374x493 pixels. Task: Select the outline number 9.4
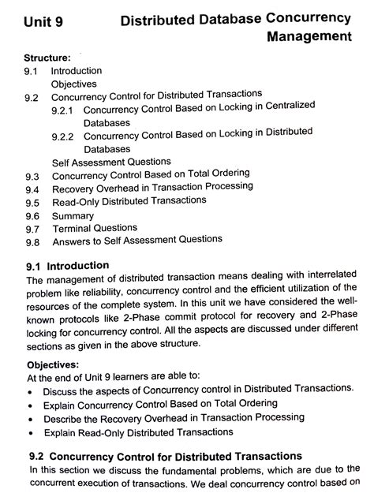click(x=32, y=189)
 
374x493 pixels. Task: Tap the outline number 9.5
click(x=32, y=203)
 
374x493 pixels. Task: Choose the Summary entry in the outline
click(x=73, y=215)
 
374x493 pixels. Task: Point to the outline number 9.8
click(x=32, y=241)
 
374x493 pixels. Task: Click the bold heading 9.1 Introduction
click(x=67, y=266)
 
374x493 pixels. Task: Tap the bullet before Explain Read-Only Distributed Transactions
click(x=30, y=433)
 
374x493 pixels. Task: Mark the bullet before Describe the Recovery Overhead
click(x=30, y=419)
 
